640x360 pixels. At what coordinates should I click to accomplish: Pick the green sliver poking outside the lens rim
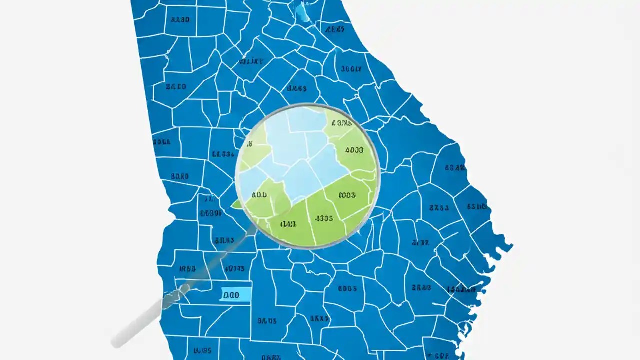236,204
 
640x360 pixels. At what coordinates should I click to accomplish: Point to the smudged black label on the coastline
461,289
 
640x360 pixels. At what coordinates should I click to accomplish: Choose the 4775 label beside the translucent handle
234,269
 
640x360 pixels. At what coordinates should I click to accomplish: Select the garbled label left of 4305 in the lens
289,223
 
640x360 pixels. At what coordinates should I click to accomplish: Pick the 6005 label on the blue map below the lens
347,288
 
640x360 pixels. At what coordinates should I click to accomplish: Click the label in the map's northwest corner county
180,20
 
